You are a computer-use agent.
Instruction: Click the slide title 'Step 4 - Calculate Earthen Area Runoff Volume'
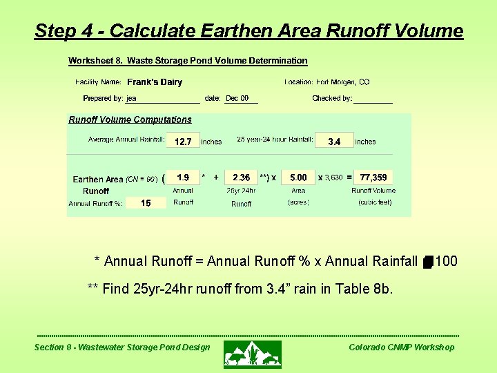(x=248, y=31)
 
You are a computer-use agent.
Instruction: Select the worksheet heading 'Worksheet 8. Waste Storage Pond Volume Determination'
(x=188, y=61)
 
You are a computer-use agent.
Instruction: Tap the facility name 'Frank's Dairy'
(x=155, y=82)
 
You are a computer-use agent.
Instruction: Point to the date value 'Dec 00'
(x=237, y=99)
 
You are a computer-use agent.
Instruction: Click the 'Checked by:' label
(x=332, y=99)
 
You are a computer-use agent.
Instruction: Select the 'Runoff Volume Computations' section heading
(x=130, y=119)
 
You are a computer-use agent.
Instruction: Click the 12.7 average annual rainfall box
(x=183, y=142)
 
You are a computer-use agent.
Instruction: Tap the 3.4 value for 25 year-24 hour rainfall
(x=334, y=142)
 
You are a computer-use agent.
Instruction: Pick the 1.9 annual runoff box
(x=183, y=178)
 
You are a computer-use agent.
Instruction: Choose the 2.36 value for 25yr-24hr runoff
(x=242, y=178)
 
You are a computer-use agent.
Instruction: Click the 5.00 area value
(x=298, y=178)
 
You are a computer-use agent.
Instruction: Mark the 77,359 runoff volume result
(x=373, y=178)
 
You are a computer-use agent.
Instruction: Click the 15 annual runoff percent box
(x=146, y=203)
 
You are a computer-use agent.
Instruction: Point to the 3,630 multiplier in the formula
(x=334, y=178)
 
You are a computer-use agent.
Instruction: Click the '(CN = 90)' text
(x=142, y=180)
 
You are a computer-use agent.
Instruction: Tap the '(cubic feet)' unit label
(x=375, y=202)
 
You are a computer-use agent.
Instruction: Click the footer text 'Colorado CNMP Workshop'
(x=401, y=347)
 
